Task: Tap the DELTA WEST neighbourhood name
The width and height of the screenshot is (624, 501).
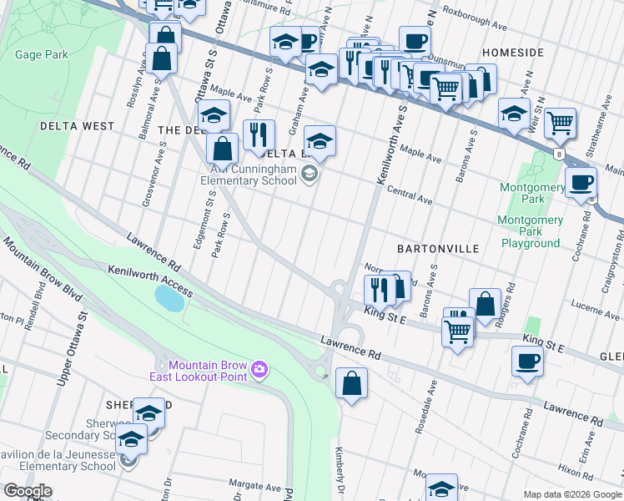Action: click(x=77, y=126)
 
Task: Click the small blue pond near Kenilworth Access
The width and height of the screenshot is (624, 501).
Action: click(x=169, y=297)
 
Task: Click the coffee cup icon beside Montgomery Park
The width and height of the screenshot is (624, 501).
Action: click(x=581, y=183)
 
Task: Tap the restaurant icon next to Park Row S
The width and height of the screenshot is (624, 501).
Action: click(x=259, y=134)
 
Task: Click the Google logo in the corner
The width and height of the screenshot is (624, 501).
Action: click(x=27, y=491)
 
